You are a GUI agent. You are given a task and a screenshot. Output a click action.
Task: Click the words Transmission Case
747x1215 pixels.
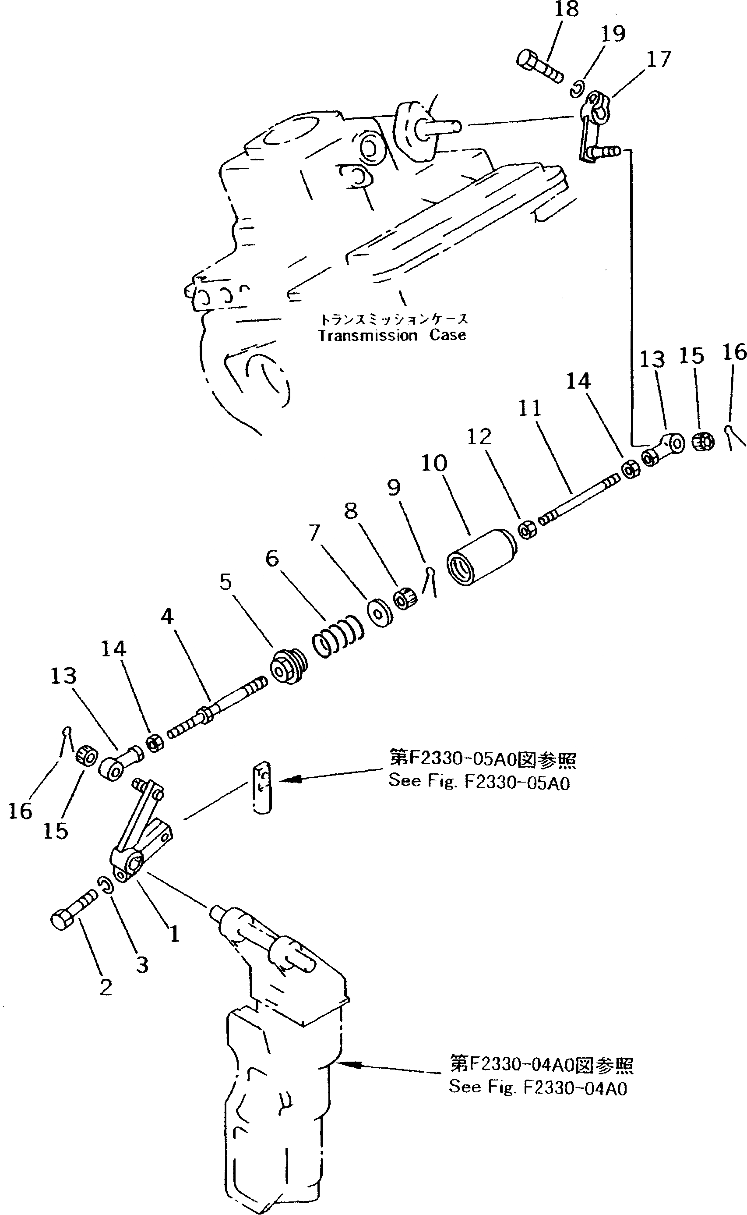click(391, 335)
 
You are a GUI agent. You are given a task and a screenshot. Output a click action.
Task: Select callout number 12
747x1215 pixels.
click(479, 436)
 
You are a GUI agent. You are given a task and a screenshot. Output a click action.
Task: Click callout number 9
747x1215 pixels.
click(393, 488)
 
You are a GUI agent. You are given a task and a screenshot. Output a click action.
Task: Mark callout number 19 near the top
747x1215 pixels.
click(613, 34)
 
